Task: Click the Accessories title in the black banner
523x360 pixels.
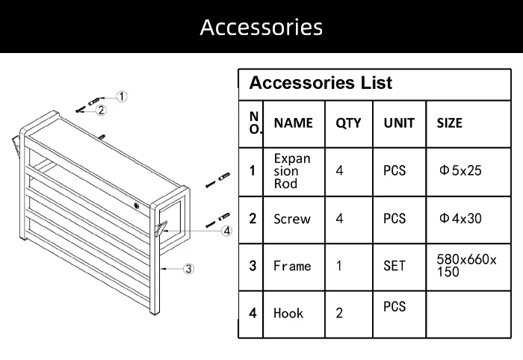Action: pos(261,28)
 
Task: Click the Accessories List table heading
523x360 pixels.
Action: pos(321,82)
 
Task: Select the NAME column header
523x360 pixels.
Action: pos(293,123)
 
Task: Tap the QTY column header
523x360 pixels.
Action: pos(347,123)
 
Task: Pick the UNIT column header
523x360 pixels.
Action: pos(398,123)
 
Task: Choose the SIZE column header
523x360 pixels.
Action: pos(449,123)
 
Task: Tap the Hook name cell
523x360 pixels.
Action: pos(288,313)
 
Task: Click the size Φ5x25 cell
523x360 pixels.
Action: pos(461,170)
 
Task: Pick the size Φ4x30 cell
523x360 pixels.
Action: pos(461,219)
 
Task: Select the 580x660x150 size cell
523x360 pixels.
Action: pos(466,265)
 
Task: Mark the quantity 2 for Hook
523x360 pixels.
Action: pos(339,313)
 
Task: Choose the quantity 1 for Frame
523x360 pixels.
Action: pos(339,265)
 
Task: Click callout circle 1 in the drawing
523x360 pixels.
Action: pos(123,96)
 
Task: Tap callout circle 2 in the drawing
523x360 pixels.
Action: pos(102,111)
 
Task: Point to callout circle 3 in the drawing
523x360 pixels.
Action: pos(189,268)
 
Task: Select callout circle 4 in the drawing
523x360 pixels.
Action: pos(226,231)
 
